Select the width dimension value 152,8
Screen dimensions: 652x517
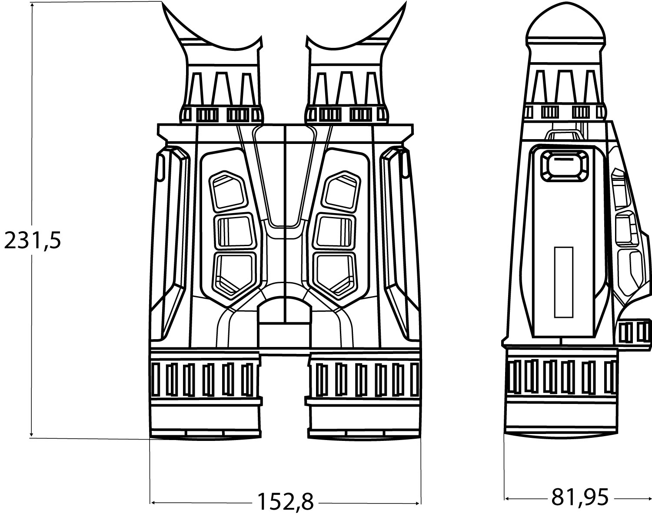point(286,501)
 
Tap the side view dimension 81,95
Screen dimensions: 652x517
point(579,497)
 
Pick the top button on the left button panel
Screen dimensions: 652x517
point(228,191)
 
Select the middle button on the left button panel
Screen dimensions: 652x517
point(235,232)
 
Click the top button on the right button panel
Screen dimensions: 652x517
point(341,191)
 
